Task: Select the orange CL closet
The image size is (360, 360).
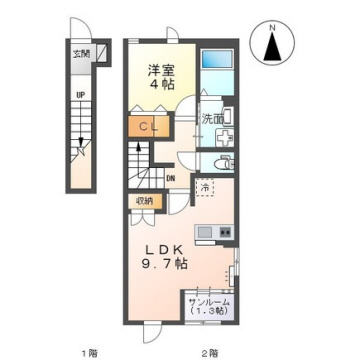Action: [x=146, y=127]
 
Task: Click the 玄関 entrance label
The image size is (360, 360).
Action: [x=80, y=54]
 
